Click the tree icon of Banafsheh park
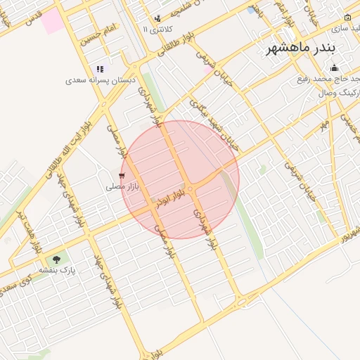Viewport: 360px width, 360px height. tap(57, 259)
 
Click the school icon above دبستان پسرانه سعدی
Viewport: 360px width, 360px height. tap(101, 69)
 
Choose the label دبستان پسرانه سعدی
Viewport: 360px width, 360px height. tap(101, 80)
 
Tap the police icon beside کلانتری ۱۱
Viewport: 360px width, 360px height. tap(157, 19)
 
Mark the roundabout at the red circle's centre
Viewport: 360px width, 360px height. tap(191, 188)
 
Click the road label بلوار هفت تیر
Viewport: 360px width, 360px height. tap(21, 232)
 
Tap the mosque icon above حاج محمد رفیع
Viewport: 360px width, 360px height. tap(334, 68)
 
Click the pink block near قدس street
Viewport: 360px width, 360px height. tap(51, 21)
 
